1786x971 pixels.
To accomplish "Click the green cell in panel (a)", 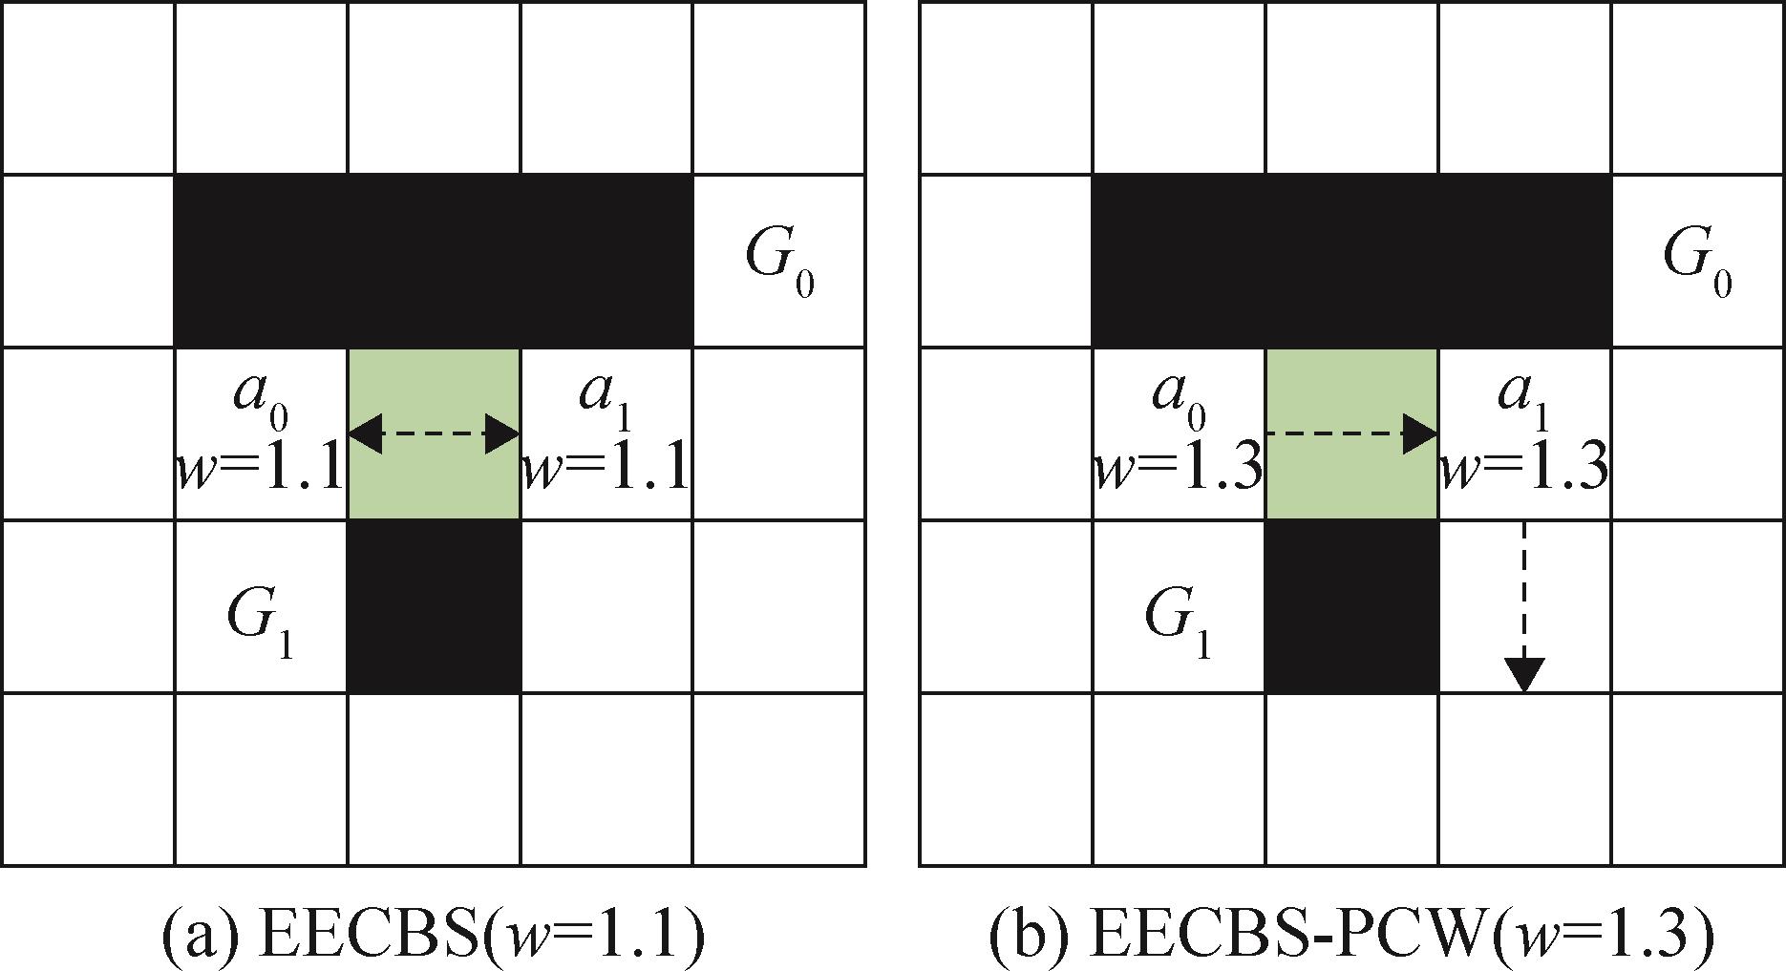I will (x=434, y=477).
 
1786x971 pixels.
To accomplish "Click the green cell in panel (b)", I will (x=1351, y=477).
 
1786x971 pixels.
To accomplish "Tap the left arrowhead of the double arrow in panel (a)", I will (x=365, y=434).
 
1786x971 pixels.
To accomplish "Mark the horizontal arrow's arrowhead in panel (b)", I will (x=1420, y=434).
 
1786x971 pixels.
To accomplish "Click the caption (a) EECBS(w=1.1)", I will (x=433, y=936).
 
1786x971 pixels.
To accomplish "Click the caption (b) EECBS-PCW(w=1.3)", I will (x=1351, y=936).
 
